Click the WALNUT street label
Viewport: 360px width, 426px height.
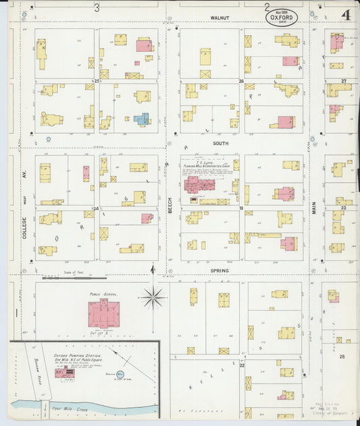220,18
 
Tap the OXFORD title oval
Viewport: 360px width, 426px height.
281,18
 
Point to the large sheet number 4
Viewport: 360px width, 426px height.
345,15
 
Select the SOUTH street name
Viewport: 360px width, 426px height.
221,143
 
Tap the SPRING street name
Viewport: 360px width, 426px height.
220,271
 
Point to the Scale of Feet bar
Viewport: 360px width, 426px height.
74,277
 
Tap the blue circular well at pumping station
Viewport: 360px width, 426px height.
120,373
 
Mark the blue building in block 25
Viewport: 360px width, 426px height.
141,119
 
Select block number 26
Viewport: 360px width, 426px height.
240,81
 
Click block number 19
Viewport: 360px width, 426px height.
240,209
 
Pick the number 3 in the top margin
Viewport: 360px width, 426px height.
97,8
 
